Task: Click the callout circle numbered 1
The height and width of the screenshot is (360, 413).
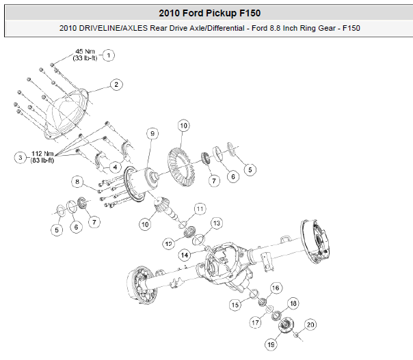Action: tap(109, 55)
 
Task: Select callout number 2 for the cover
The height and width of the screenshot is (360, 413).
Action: tap(117, 85)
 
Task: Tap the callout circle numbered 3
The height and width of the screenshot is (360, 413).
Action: tap(22, 157)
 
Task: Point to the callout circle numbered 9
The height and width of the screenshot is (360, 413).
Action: tap(152, 133)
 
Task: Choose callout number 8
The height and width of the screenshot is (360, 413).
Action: tap(79, 182)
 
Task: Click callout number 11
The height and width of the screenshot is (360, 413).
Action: tap(200, 208)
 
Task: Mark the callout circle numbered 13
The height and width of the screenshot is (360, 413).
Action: tap(216, 223)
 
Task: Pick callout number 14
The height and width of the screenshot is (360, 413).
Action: tap(185, 254)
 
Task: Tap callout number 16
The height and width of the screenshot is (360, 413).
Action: tap(276, 288)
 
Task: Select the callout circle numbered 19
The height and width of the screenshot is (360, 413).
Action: tap(271, 345)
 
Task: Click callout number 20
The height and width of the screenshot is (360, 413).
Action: tap(310, 324)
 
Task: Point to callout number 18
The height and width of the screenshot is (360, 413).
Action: tap(293, 303)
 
